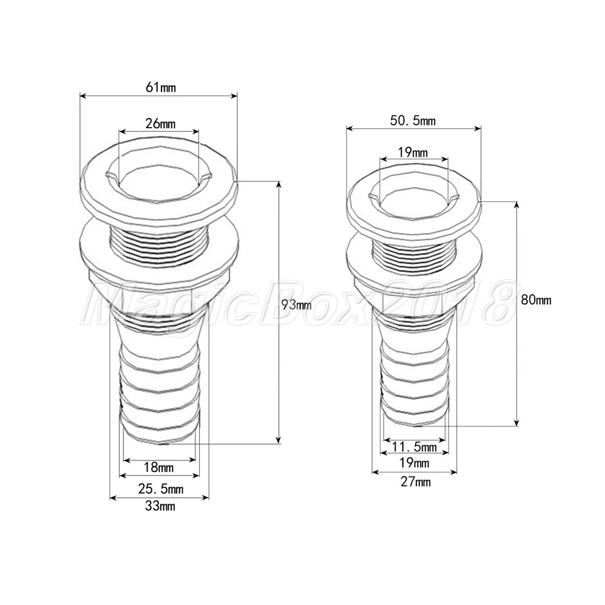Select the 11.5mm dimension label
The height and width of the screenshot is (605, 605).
click(414, 448)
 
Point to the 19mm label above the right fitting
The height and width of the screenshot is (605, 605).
click(414, 152)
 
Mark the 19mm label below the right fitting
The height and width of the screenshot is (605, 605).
click(415, 463)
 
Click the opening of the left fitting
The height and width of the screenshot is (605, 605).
click(159, 181)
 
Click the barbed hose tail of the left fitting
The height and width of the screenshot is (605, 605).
click(159, 387)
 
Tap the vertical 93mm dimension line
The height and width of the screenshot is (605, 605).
click(279, 363)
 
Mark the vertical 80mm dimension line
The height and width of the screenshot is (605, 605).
click(517, 363)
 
